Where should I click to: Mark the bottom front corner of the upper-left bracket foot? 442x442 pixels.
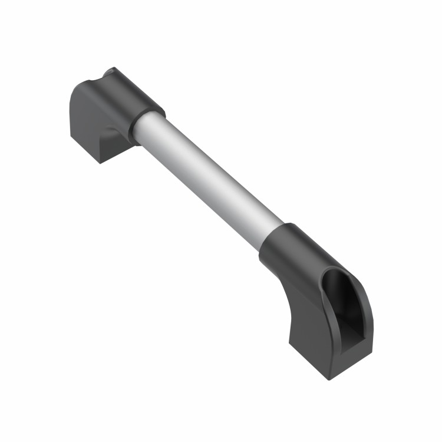(101, 162)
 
